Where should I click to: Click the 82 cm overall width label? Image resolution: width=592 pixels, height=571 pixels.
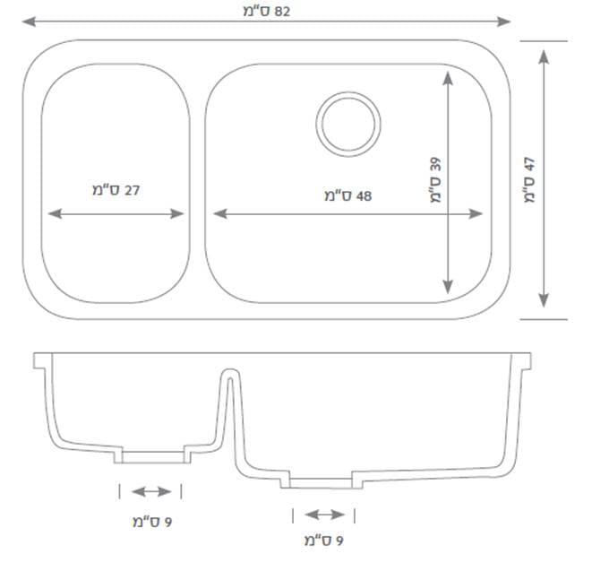[267, 12]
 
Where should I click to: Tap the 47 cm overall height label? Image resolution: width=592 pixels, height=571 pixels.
[529, 180]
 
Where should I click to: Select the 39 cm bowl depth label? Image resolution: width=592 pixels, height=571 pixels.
[435, 180]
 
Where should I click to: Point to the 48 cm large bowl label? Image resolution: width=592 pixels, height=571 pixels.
[347, 195]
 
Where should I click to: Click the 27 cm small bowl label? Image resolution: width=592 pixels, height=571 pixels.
[116, 190]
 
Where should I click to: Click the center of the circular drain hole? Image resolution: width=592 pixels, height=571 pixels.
[348, 124]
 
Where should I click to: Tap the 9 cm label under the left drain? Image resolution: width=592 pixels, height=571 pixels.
[152, 522]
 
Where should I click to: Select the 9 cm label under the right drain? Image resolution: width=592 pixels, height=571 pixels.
[324, 541]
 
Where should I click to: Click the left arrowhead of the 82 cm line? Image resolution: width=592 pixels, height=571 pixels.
[29, 22]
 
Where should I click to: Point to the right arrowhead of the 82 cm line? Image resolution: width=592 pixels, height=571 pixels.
[504, 22]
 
